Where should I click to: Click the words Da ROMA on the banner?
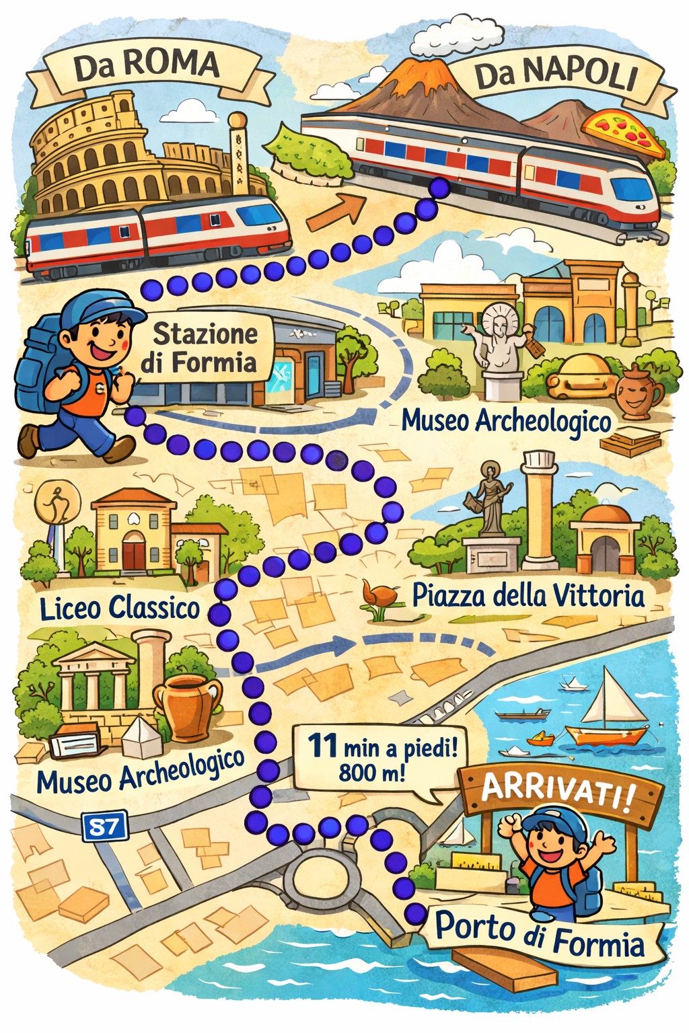tap(147, 66)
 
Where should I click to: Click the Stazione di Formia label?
tap(199, 348)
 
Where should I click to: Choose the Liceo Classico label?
tap(120, 607)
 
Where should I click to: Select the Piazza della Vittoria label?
tap(528, 595)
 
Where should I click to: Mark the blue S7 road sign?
tap(104, 827)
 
